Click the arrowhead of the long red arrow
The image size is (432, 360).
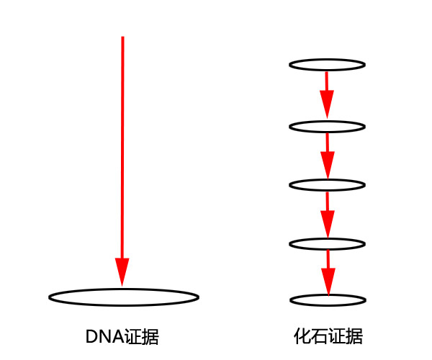click(x=122, y=274)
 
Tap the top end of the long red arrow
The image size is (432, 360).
click(x=122, y=37)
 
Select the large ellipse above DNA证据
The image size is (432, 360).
click(x=124, y=297)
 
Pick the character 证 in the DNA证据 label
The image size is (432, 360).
click(x=132, y=337)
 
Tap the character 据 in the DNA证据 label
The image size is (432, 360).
click(x=150, y=337)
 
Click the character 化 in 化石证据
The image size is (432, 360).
click(x=302, y=337)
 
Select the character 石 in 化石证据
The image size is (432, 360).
click(x=319, y=337)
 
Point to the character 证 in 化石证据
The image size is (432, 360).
click(x=336, y=337)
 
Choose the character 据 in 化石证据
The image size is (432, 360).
click(x=354, y=337)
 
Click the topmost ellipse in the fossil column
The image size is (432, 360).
click(x=328, y=65)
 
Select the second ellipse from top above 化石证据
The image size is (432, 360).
click(x=328, y=127)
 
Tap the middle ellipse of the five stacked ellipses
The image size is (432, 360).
click(x=328, y=184)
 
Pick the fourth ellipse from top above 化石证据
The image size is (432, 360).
click(x=328, y=243)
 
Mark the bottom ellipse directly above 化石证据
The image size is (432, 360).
click(x=328, y=300)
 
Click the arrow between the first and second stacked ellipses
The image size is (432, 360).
click(x=328, y=94)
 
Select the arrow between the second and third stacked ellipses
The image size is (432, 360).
click(x=328, y=155)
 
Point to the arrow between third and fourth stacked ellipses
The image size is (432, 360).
click(x=328, y=213)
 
